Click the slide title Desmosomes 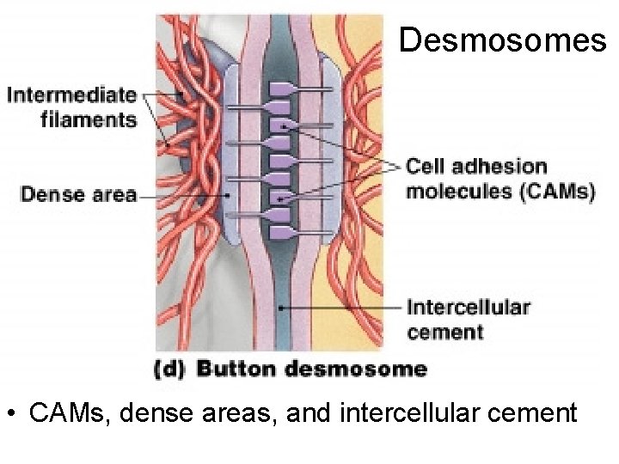click(x=502, y=39)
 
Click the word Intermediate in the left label click(x=72, y=95)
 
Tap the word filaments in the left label click(x=89, y=119)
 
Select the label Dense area click(x=78, y=195)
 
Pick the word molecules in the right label click(x=459, y=191)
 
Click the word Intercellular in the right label click(x=468, y=308)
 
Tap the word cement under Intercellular click(x=444, y=332)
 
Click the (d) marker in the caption click(x=169, y=369)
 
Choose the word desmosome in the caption click(x=355, y=369)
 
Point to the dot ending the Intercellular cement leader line click(x=282, y=306)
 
